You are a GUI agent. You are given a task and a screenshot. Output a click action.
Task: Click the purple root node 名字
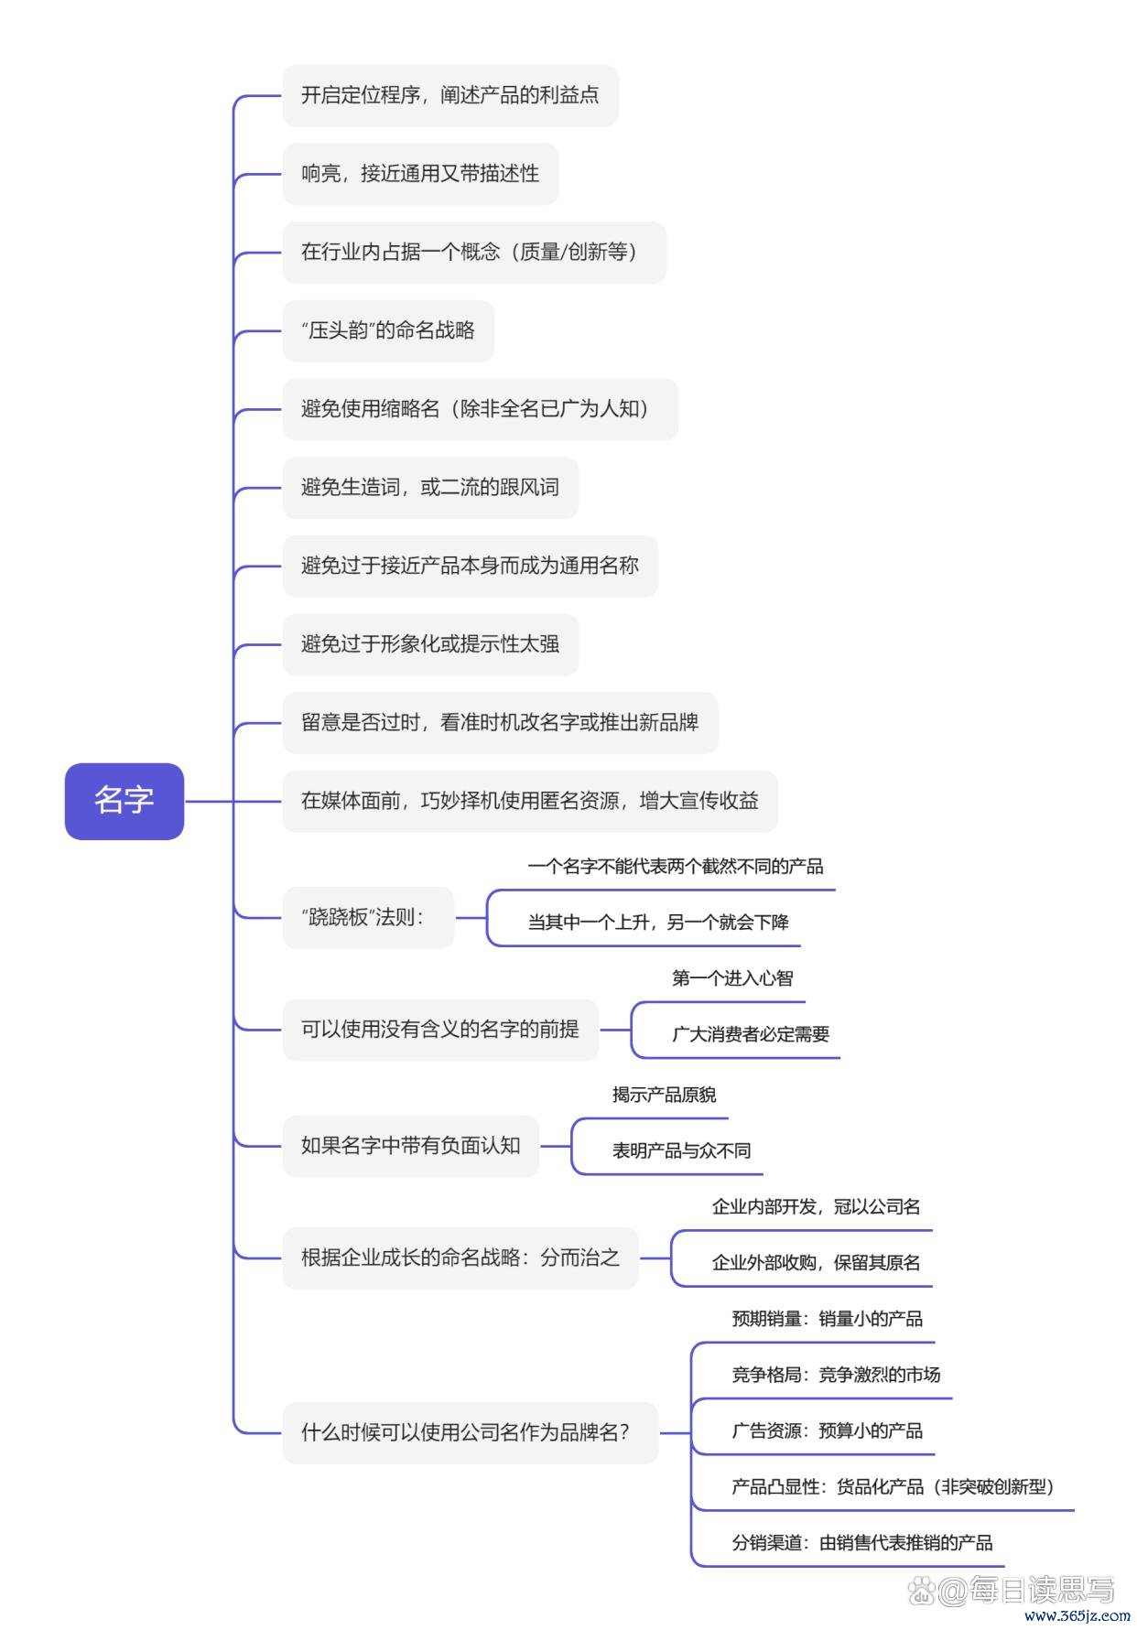[x=125, y=801]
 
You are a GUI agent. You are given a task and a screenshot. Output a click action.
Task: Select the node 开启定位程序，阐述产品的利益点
[x=450, y=95]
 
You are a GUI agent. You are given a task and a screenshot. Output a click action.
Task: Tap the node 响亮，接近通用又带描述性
[x=420, y=174]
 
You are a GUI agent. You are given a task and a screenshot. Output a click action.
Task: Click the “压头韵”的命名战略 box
[x=388, y=330]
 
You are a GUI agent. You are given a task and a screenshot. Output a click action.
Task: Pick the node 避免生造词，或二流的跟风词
[x=430, y=488]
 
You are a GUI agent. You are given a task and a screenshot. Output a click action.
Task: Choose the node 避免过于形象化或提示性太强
[x=430, y=644]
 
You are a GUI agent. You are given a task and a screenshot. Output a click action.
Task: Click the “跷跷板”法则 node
[x=368, y=917]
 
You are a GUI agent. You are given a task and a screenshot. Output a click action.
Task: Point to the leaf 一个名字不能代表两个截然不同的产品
[x=676, y=866]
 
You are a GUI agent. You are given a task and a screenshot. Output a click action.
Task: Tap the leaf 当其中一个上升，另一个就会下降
[x=658, y=922]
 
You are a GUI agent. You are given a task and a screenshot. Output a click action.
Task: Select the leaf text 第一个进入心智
[x=732, y=978]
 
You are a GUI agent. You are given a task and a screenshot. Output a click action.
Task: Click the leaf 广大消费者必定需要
[x=751, y=1034]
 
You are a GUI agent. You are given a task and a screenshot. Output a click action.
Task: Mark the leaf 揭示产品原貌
[x=664, y=1095]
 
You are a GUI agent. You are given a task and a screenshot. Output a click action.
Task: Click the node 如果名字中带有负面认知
[x=411, y=1146]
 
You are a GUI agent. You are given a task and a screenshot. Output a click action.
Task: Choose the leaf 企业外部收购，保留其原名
[x=817, y=1263]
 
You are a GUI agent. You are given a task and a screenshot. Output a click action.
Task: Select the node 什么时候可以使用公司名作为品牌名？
[x=471, y=1432]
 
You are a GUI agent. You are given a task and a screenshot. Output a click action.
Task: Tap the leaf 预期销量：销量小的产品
[x=828, y=1319]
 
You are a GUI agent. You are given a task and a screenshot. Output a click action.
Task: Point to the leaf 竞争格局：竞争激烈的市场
[x=836, y=1375]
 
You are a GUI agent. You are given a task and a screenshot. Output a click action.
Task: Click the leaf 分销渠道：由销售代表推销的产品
[x=862, y=1543]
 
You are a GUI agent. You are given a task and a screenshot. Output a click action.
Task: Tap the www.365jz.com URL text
[x=1077, y=1616]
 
